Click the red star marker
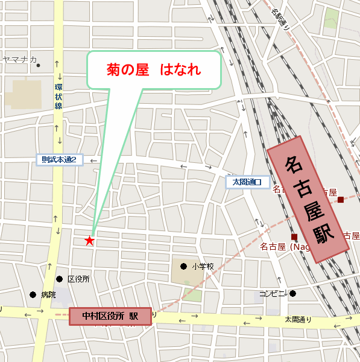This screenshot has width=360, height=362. point(89,241)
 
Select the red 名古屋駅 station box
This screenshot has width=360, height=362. point(308,198)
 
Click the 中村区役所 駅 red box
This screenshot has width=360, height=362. point(110,316)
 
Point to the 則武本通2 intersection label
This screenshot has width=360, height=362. point(58,160)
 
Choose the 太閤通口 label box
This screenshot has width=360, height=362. point(247,182)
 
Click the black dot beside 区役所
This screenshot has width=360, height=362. point(60,279)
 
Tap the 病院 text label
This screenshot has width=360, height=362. point(48,295)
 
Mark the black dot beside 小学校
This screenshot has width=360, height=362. point(183,265)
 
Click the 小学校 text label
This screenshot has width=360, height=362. point(203,266)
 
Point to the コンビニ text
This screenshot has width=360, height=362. point(272,294)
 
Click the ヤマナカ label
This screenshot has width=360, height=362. point(19,59)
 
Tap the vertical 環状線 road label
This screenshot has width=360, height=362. point(58,97)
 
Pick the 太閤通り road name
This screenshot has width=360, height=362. point(298,319)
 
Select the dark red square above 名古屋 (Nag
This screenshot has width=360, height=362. point(294,236)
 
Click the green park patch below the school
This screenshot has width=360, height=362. point(192,295)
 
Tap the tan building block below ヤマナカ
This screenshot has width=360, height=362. point(25,94)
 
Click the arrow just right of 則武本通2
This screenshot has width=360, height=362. point(93,161)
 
